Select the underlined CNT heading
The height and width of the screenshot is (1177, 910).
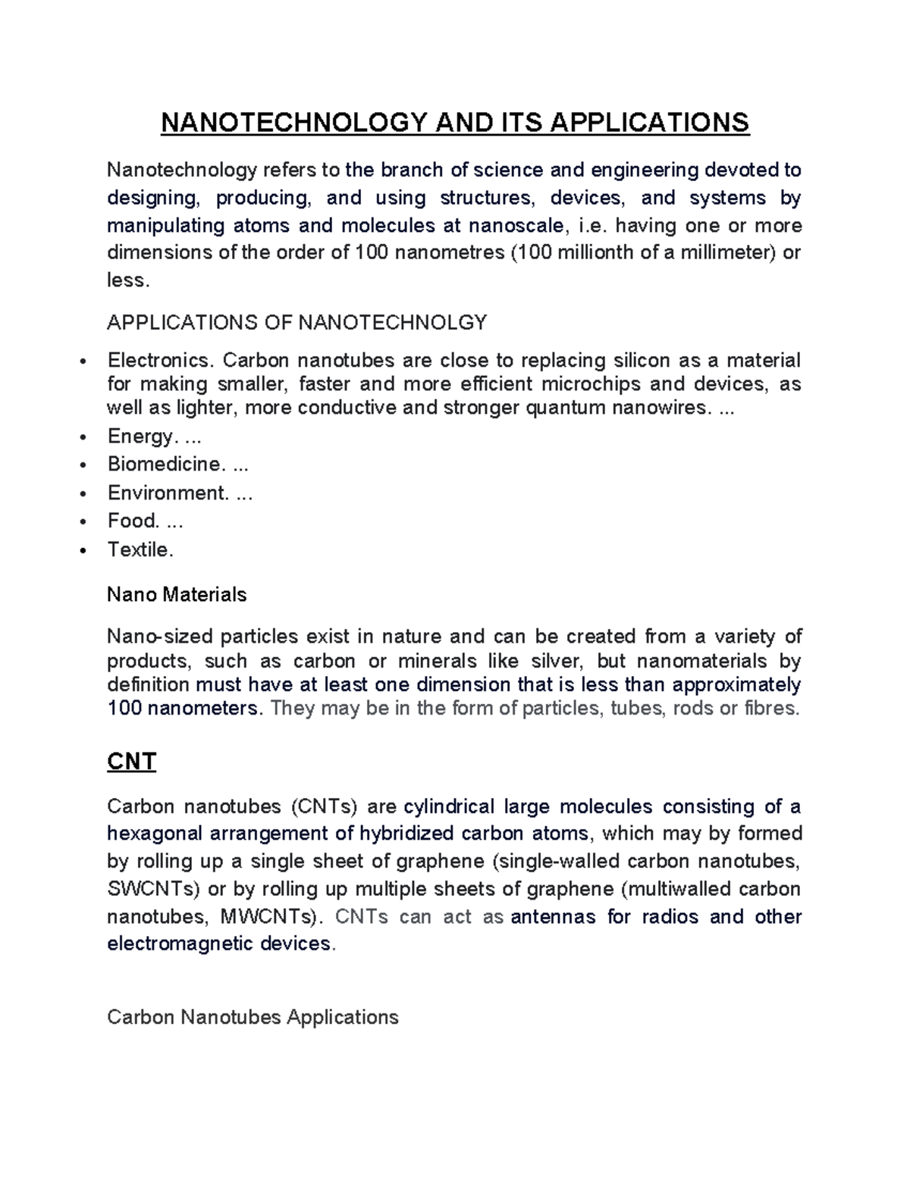click(x=131, y=761)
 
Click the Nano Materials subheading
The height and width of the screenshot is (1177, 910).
click(x=177, y=594)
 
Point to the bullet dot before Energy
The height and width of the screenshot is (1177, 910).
click(x=83, y=437)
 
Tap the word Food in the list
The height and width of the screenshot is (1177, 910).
click(x=133, y=521)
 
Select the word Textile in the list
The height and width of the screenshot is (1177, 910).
click(x=140, y=549)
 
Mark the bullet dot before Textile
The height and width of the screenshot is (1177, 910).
click(x=83, y=550)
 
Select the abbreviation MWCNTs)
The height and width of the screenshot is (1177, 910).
click(x=271, y=917)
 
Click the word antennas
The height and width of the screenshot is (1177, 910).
click(x=554, y=917)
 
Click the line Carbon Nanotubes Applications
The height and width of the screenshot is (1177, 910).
click(x=253, y=1017)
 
